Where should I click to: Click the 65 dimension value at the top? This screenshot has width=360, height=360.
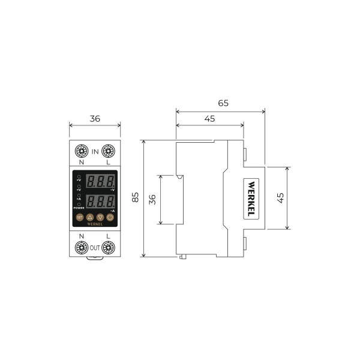tap(223, 103)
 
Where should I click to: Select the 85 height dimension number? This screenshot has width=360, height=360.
tap(136, 197)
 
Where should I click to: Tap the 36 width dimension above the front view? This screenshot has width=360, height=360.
tap(94, 118)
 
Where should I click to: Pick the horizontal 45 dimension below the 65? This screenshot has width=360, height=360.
tap(209, 119)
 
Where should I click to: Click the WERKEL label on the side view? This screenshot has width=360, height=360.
tap(251, 198)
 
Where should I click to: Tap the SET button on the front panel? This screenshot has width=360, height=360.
tap(80, 217)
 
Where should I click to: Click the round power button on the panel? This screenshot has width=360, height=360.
tap(110, 217)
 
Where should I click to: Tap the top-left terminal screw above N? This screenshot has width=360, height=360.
tap(81, 151)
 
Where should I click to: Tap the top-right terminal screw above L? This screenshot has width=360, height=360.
tap(109, 151)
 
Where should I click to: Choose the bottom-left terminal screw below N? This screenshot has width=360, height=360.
tap(81, 247)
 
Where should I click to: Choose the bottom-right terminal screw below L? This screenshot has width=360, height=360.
tap(109, 247)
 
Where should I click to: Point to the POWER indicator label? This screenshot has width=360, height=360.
tap(79, 208)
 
